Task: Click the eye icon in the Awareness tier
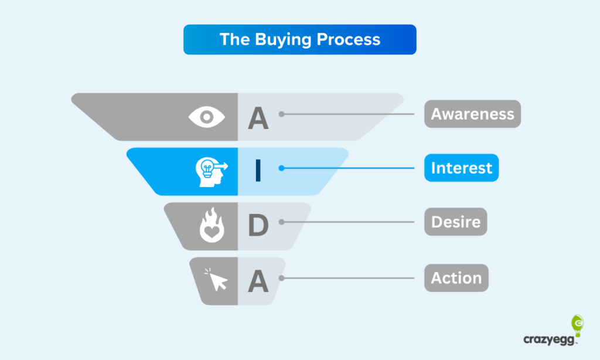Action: click(207, 117)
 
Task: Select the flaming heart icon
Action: click(212, 225)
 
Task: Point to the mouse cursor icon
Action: click(216, 280)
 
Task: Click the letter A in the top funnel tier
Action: click(258, 118)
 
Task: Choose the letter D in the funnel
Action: click(258, 225)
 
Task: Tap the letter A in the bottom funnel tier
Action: click(258, 281)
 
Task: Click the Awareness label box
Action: click(473, 114)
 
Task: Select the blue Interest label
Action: click(462, 168)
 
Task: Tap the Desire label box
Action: click(456, 222)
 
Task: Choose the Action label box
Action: click(456, 278)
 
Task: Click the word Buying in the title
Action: click(283, 40)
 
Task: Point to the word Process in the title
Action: click(349, 39)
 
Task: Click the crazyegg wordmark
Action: click(549, 339)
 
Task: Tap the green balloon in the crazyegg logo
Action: click(577, 325)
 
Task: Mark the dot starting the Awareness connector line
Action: click(281, 114)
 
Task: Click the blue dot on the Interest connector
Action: click(281, 168)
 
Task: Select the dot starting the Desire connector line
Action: click(281, 222)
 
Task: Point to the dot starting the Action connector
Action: click(281, 279)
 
